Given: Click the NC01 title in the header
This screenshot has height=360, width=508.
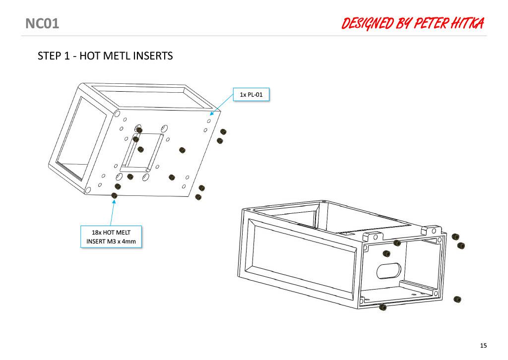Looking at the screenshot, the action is point(42,24).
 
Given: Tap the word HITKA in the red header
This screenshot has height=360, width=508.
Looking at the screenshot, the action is point(468,23).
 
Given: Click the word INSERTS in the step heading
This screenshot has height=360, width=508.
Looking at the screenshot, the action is point(153,56).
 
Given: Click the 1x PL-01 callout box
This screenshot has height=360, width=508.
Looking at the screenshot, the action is point(251,95).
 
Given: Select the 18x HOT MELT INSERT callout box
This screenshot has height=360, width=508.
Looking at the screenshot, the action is point(111,237).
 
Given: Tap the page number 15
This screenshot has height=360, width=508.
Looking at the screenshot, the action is point(483,346).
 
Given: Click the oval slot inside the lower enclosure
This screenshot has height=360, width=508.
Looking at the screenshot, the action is point(389,271).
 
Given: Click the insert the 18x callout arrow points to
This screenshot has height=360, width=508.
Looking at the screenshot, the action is point(115,195).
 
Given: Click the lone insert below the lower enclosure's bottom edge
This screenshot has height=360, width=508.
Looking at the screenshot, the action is point(382,307).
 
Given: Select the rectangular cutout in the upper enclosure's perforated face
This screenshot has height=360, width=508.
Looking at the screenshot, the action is point(142,153).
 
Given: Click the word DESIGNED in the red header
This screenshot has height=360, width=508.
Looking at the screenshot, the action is point(367,23).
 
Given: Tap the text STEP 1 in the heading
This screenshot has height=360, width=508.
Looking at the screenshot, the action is point(54,56).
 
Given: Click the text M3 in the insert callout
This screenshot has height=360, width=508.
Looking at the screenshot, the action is point(112,241).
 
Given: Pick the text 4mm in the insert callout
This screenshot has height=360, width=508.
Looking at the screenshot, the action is point(129,241).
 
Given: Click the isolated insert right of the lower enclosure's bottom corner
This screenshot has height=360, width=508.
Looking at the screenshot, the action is point(457,299).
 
